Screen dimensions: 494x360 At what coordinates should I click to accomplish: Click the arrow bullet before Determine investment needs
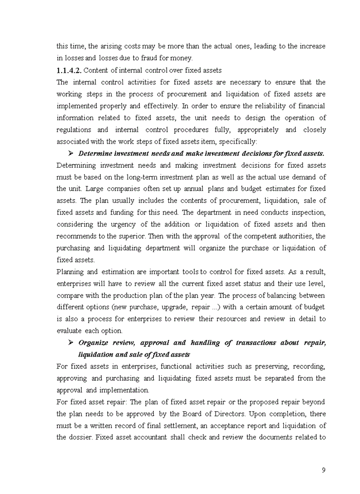(71, 153)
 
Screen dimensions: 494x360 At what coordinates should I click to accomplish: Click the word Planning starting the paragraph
(70, 272)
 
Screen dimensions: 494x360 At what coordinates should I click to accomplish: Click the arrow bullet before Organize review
(71, 343)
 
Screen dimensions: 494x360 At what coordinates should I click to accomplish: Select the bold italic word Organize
(93, 343)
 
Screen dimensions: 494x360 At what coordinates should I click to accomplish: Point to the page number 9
(323, 470)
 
